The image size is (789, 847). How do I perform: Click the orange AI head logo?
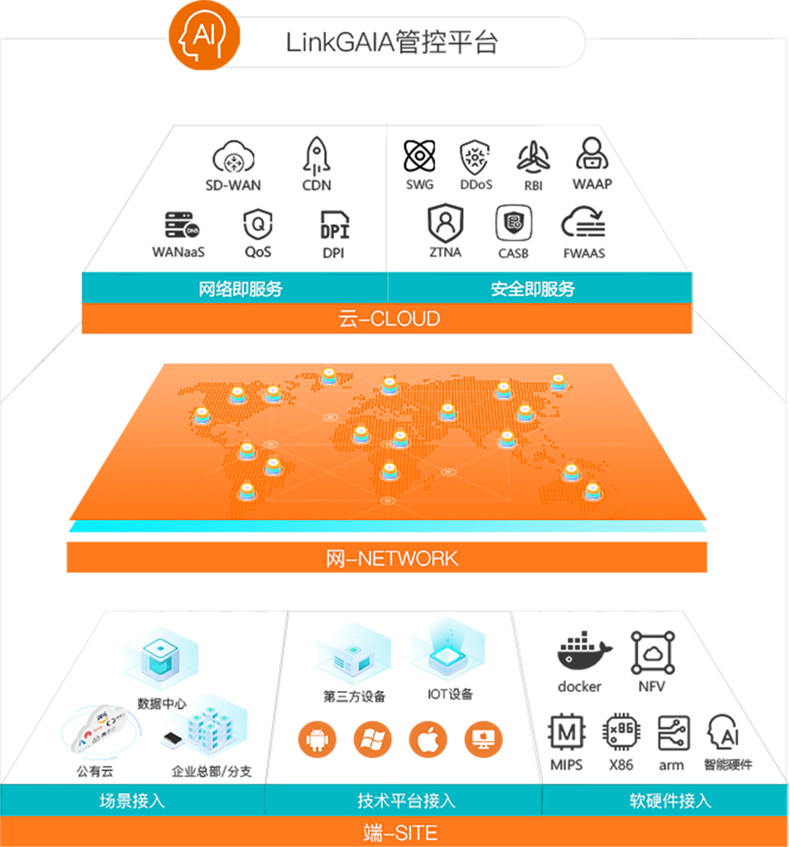[x=204, y=36]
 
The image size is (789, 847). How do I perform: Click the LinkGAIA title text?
[x=392, y=43]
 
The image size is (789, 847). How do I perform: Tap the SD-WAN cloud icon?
[x=233, y=157]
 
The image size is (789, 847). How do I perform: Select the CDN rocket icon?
[x=317, y=156]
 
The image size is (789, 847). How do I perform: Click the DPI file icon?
[x=334, y=225]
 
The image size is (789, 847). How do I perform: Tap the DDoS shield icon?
[x=475, y=157]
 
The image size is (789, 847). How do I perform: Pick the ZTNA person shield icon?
[x=445, y=222]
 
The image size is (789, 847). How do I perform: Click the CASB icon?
[x=513, y=223]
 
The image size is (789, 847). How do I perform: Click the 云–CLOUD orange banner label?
[x=389, y=319]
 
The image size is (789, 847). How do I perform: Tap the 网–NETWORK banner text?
[x=392, y=558]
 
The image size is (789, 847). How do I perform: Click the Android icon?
[x=317, y=739]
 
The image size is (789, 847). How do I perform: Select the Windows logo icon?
[x=373, y=739]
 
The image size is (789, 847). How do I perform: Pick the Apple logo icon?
[x=428, y=739]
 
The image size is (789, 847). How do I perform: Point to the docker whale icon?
[x=583, y=652]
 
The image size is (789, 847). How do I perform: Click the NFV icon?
[x=652, y=653]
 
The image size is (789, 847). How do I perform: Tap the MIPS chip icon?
[x=566, y=732]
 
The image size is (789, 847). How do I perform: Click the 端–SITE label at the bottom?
[x=400, y=833]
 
